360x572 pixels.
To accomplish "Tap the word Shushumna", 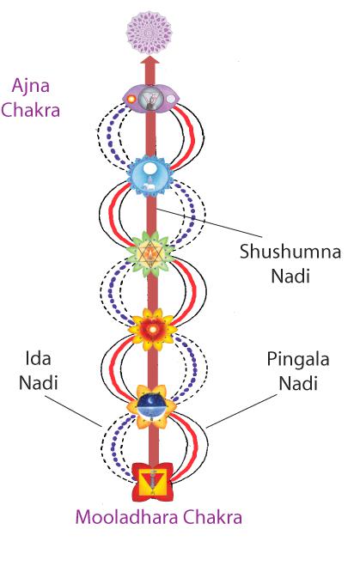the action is coord(290,252).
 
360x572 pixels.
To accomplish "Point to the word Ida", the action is coord(38,358).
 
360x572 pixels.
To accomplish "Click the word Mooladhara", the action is coord(126,517).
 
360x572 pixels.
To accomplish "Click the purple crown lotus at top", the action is coord(149,33).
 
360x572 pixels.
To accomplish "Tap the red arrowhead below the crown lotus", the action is coord(149,60).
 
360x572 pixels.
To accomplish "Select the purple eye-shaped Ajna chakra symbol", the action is coord(151,99).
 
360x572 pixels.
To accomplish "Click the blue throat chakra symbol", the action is coord(149,176).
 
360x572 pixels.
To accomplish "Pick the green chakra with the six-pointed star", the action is coord(150,253).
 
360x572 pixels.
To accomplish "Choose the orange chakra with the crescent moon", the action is coord(151,406).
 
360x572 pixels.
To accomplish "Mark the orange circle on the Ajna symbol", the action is coord(131,99).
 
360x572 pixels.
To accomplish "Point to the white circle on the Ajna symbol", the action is coord(171,99).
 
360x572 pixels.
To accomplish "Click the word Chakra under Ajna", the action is coord(31,110).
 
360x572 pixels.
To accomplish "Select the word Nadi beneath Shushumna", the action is coord(290,276).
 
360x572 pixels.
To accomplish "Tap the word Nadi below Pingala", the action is coord(298,383).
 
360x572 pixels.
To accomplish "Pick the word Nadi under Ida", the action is coord(39,383).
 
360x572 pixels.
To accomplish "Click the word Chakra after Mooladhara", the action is coord(212,517).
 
